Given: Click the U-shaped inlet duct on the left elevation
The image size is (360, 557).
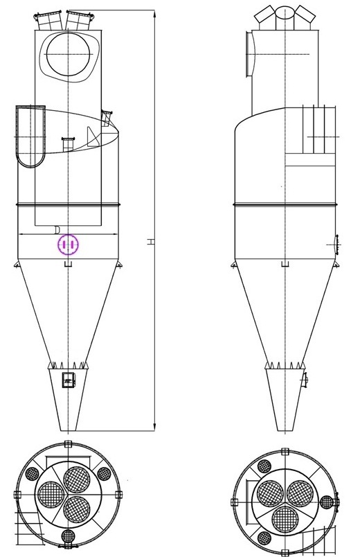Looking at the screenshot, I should (x=30, y=136).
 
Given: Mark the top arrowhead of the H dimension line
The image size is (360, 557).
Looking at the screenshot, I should (x=154, y=12).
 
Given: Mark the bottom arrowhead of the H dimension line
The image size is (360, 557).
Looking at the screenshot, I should (x=154, y=427).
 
